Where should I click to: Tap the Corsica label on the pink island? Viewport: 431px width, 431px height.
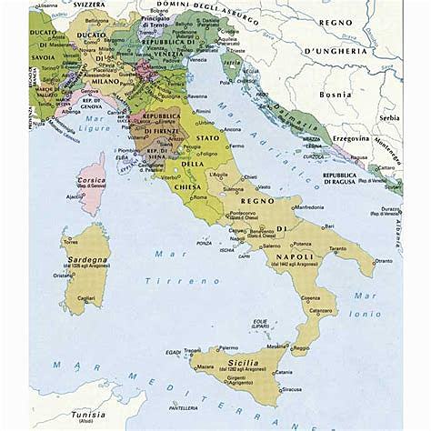[92, 181]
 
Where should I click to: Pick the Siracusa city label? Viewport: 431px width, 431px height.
[266, 388]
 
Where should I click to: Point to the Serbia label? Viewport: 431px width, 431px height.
[389, 117]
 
